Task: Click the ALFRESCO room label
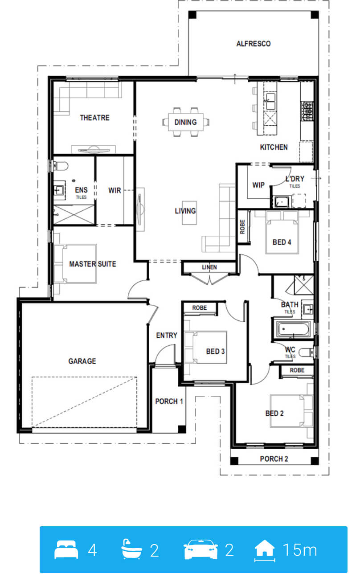[253, 44]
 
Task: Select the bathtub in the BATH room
[294, 329]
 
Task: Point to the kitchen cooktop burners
[307, 111]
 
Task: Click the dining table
[185, 122]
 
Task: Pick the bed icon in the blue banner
[66, 549]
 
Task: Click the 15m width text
[300, 550]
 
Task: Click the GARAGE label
[82, 361]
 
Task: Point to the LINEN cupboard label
[209, 267]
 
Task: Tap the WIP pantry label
[258, 185]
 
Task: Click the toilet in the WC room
[307, 352]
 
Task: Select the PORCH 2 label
[274, 459]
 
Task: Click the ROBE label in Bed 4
[242, 227]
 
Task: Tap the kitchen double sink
[270, 101]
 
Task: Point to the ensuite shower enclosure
[74, 215]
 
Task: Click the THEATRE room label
[94, 118]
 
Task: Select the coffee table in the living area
[189, 213]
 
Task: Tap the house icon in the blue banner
[265, 549]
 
